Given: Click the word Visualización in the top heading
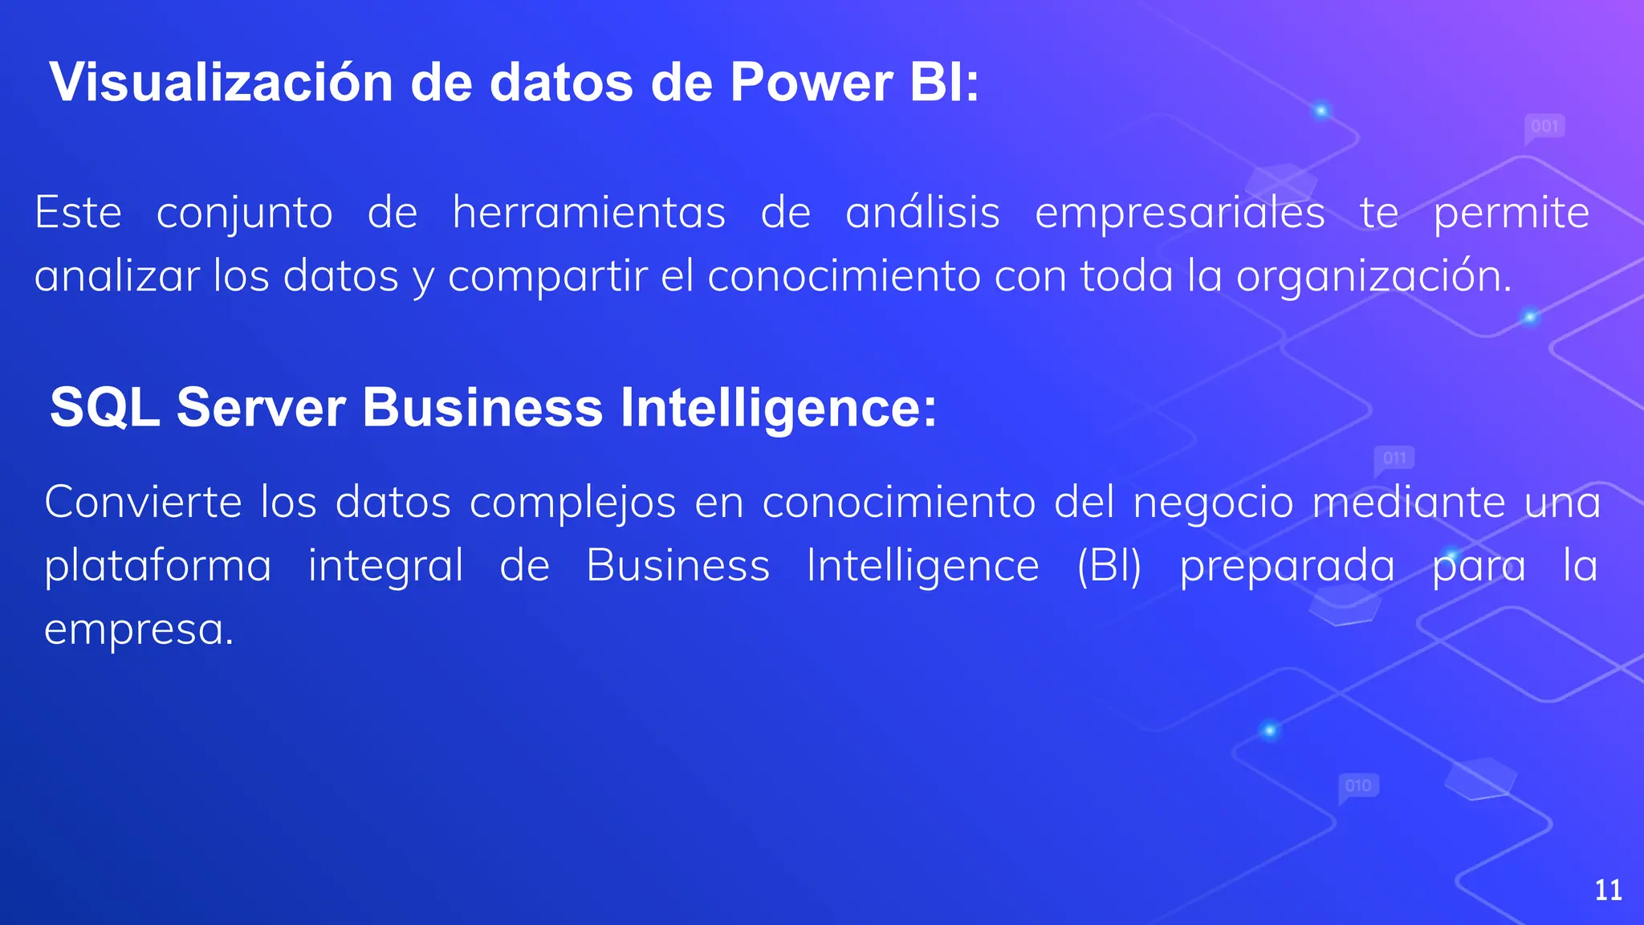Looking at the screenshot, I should (x=221, y=83).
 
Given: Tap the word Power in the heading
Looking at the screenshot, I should (x=811, y=83).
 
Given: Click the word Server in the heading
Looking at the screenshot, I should (x=261, y=407).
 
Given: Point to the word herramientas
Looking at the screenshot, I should (x=589, y=214).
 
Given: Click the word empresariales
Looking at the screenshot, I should (x=1180, y=214).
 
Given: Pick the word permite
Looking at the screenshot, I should (x=1512, y=214).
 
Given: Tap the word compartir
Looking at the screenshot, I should (x=547, y=277).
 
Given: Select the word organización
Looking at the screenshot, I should (x=1373, y=277).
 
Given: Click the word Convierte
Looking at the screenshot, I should (x=143, y=503).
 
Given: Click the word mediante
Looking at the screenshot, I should (x=1409, y=503).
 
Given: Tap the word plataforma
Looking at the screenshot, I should (x=158, y=567).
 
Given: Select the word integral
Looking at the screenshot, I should (x=385, y=567).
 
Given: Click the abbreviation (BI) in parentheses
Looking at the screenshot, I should (x=1109, y=566).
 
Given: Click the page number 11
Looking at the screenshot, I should (x=1608, y=890).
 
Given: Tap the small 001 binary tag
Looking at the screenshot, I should (x=1544, y=126).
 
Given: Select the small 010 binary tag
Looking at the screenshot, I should (x=1358, y=785).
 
